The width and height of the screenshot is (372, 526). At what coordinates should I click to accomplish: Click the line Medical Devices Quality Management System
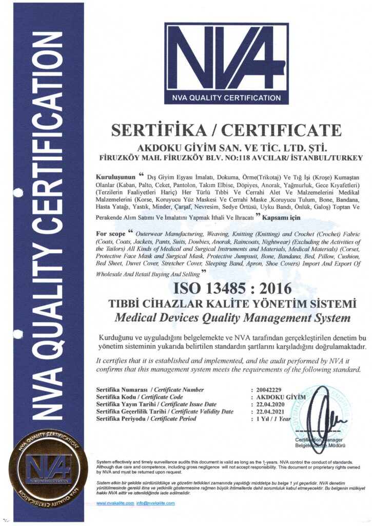pos(232,318)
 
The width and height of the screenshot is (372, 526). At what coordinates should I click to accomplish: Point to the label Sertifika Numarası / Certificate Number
pos(150,390)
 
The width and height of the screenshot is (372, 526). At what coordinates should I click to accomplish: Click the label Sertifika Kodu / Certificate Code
pos(139,397)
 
